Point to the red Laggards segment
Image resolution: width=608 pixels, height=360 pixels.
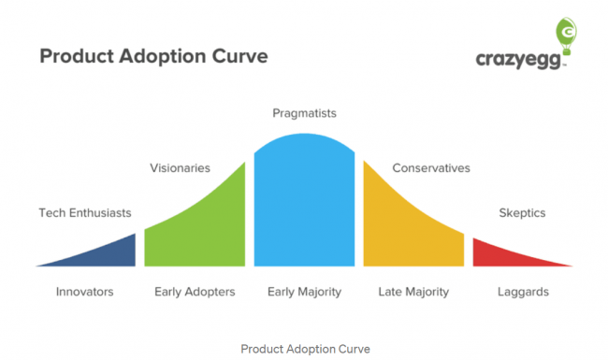pyautogui.click(x=500, y=255)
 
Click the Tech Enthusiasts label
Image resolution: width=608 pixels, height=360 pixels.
pyautogui.click(x=85, y=213)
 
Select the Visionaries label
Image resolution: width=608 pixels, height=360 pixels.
pyautogui.click(x=180, y=168)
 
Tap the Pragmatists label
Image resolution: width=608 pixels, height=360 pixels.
pyautogui.click(x=304, y=113)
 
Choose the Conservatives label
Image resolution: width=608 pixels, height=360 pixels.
pyautogui.click(x=430, y=168)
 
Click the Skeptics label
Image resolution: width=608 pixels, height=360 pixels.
pyautogui.click(x=522, y=213)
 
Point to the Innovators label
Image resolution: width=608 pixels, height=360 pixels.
pyautogui.click(x=84, y=292)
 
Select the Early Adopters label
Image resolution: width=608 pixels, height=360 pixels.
pyautogui.click(x=195, y=292)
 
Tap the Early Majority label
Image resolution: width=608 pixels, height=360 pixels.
pyautogui.click(x=304, y=292)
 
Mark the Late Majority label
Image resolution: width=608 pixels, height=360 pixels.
pyautogui.click(x=413, y=292)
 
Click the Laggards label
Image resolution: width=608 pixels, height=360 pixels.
pyautogui.click(x=523, y=292)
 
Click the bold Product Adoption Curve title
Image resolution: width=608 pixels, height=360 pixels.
pyautogui.click(x=153, y=56)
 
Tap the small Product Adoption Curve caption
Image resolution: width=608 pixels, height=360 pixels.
pyautogui.click(x=305, y=348)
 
